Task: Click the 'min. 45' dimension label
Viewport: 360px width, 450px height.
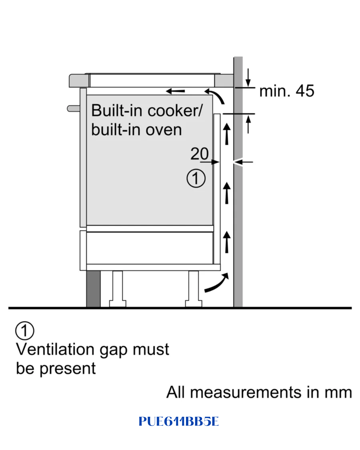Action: [287, 91]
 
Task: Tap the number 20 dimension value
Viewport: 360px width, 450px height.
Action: [199, 154]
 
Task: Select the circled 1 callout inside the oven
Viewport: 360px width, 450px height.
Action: [196, 178]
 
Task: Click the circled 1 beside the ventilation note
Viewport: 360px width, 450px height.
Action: [25, 331]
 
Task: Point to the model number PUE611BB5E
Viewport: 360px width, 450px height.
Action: [179, 421]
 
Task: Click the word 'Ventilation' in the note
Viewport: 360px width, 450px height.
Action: [55, 349]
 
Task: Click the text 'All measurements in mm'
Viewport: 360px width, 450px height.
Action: [259, 392]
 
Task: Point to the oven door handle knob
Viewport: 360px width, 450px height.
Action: [73, 109]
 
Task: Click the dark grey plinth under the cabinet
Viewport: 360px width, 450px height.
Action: [93, 289]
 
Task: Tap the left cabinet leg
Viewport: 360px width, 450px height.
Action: [118, 289]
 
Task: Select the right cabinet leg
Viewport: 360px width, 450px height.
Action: [193, 289]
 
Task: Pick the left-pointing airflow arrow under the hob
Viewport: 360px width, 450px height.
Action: [175, 91]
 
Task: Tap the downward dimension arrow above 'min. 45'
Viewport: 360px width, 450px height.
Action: [248, 77]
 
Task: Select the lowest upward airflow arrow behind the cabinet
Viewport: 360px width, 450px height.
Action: [227, 242]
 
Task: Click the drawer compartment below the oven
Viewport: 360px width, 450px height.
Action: [150, 248]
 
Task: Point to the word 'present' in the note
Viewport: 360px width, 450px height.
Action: [67, 369]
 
